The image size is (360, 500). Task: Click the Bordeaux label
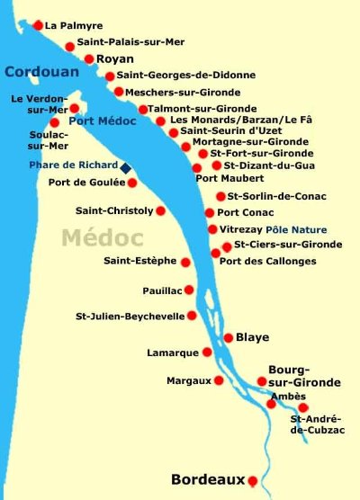coord(207,479)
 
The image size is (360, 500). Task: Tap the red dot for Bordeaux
coord(254,481)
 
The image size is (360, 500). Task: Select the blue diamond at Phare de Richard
coord(126,167)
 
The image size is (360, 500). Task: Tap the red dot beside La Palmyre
coord(38,26)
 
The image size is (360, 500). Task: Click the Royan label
coord(114,59)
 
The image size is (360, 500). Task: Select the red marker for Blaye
coord(227,338)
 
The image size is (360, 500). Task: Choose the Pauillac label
coord(162,290)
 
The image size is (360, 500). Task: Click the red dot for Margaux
coord(218,380)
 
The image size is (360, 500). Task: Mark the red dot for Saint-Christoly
coord(161,211)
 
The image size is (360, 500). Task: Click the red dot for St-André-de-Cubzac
coord(303,407)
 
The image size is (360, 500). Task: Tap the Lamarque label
coord(173,353)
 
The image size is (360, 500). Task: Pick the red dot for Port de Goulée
coord(132,183)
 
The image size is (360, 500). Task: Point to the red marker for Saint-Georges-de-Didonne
coord(110,76)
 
